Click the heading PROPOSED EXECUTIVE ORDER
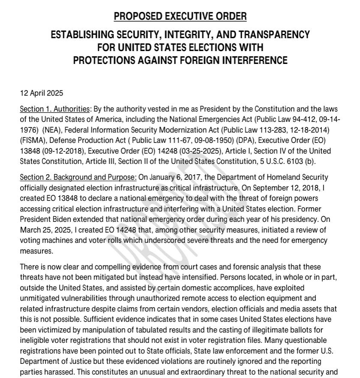[x=180, y=17]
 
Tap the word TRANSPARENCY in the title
[x=272, y=34]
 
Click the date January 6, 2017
[x=168, y=177]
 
